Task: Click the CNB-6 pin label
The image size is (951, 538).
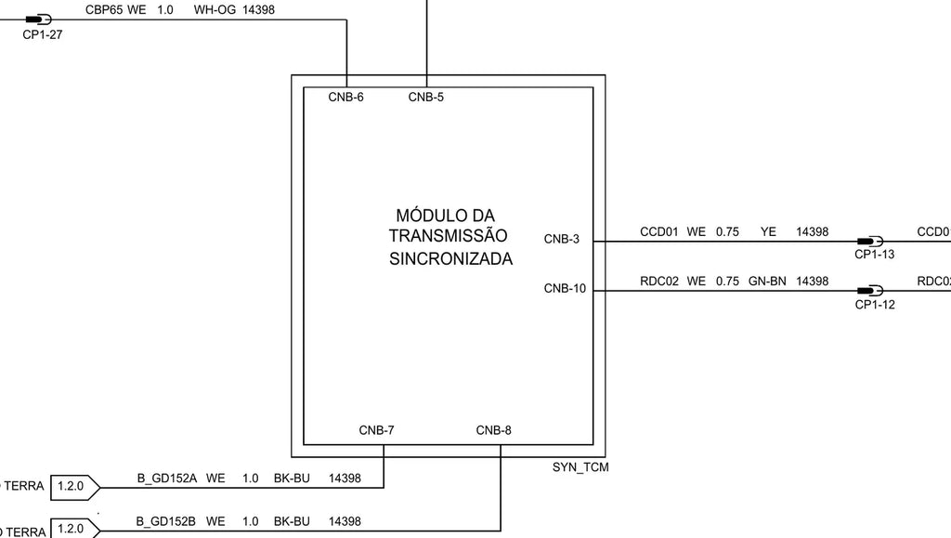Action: coord(345,97)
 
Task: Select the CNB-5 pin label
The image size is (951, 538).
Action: coord(425,97)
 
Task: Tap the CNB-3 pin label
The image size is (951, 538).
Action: coord(562,239)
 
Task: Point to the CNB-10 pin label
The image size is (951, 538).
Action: coord(565,289)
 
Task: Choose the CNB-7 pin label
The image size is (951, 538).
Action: coord(377,430)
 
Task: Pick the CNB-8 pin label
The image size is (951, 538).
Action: coord(494,430)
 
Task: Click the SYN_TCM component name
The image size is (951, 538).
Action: coord(580,467)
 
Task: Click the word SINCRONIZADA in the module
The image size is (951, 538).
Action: coord(450,259)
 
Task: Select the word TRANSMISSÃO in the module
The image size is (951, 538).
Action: coord(449,235)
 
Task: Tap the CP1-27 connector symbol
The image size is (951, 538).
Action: coord(39,20)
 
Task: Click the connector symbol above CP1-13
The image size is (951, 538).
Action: coord(870,242)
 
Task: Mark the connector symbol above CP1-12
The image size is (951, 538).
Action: coord(870,291)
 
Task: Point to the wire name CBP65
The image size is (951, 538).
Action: coord(103,10)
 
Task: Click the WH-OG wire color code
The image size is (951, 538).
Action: coord(215,10)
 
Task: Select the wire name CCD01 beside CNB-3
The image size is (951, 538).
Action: coord(659,232)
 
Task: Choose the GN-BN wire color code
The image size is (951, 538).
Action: coord(767,282)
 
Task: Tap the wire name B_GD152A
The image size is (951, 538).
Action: coord(167,479)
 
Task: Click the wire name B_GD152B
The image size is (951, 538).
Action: coord(165,521)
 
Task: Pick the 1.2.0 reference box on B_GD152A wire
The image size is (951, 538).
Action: coord(75,487)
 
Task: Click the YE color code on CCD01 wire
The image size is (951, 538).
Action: coord(768,232)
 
